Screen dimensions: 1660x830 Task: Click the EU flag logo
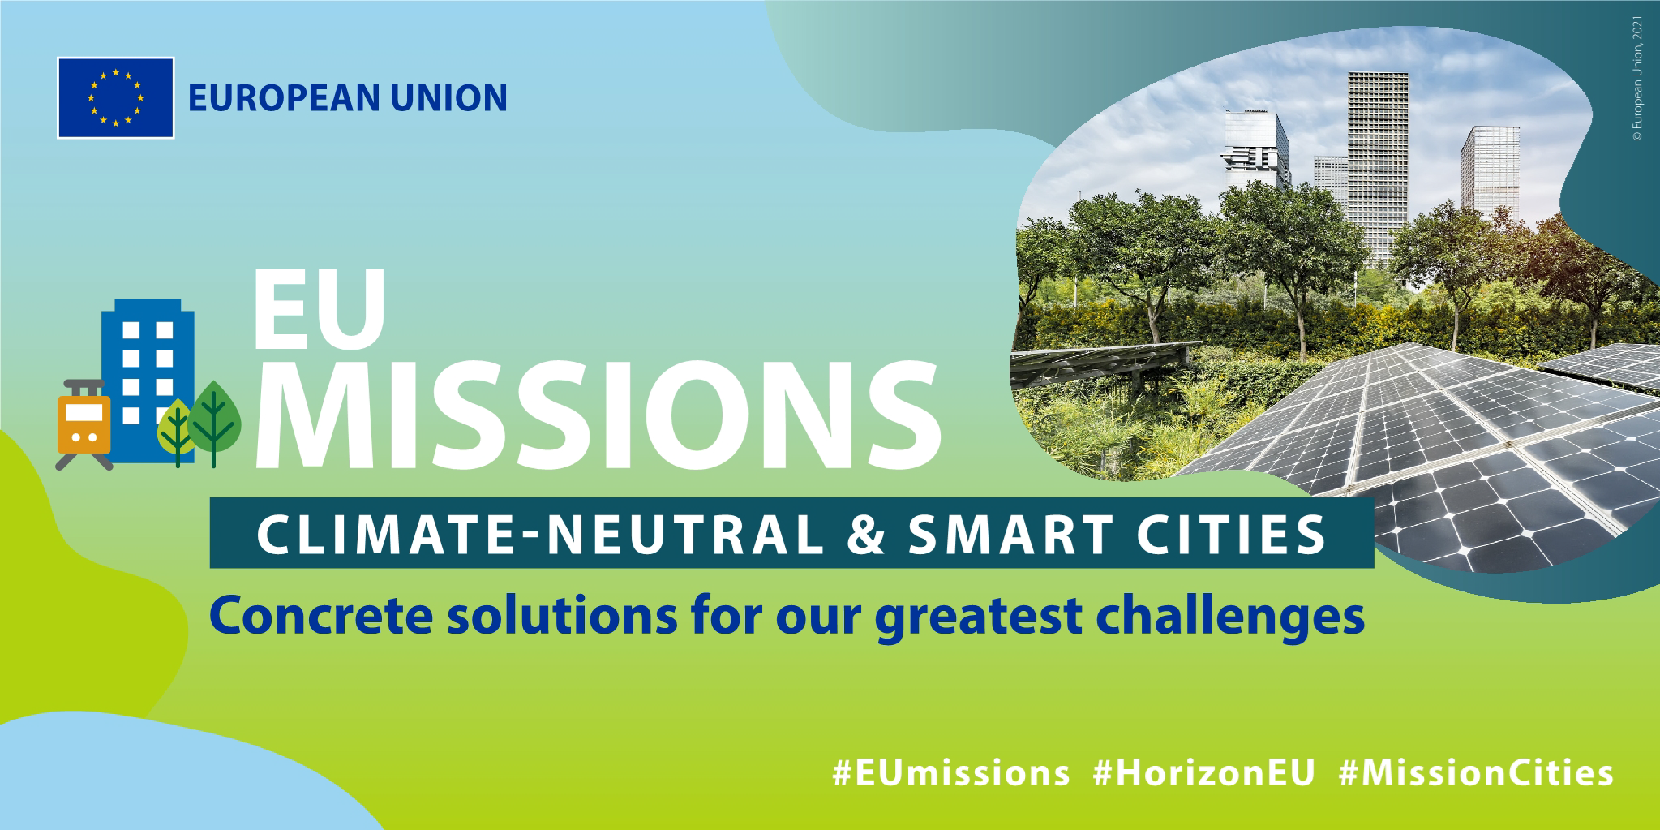point(116,97)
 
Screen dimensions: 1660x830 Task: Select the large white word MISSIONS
point(598,414)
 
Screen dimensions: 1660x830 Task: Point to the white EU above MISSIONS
point(319,309)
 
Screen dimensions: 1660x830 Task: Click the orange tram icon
point(84,424)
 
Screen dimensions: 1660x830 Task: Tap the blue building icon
point(148,380)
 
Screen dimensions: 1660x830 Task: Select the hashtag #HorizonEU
point(1203,773)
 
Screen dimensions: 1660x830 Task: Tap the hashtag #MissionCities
point(1476,773)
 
